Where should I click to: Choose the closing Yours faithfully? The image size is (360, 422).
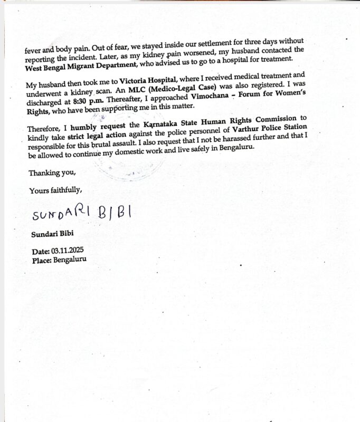point(55,190)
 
